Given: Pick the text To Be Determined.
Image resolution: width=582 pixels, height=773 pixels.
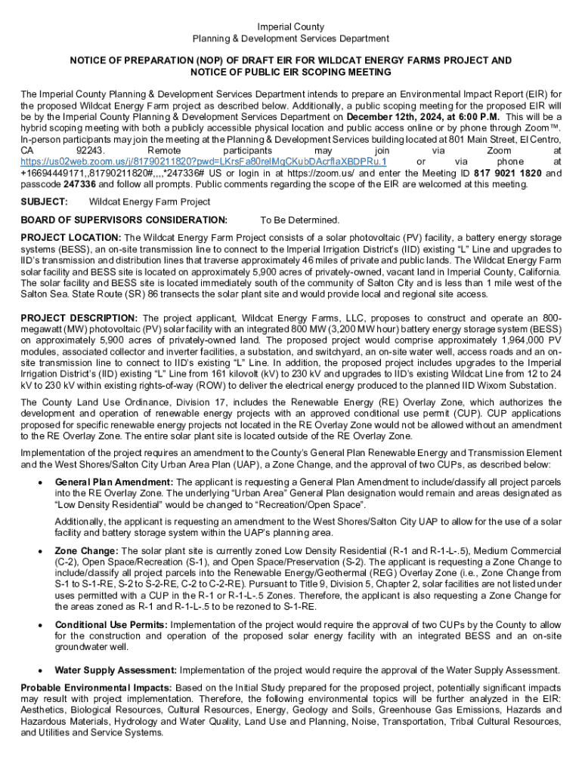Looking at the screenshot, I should [300, 220].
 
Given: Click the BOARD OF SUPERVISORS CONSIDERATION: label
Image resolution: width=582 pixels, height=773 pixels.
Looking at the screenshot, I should [124, 220].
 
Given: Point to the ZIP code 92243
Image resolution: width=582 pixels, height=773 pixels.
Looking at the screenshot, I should [91, 151].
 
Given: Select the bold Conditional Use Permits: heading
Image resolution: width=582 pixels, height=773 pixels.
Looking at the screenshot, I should [111, 625].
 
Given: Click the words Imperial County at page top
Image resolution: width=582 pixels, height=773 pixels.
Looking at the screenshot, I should [291, 26].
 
